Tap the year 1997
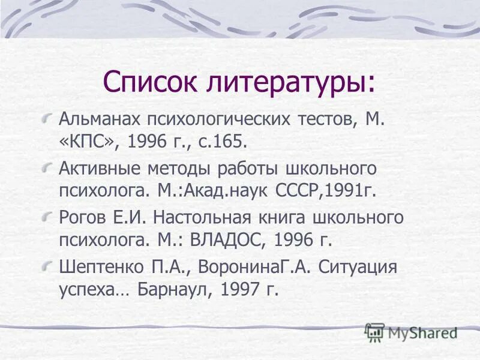tap(239, 289)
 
